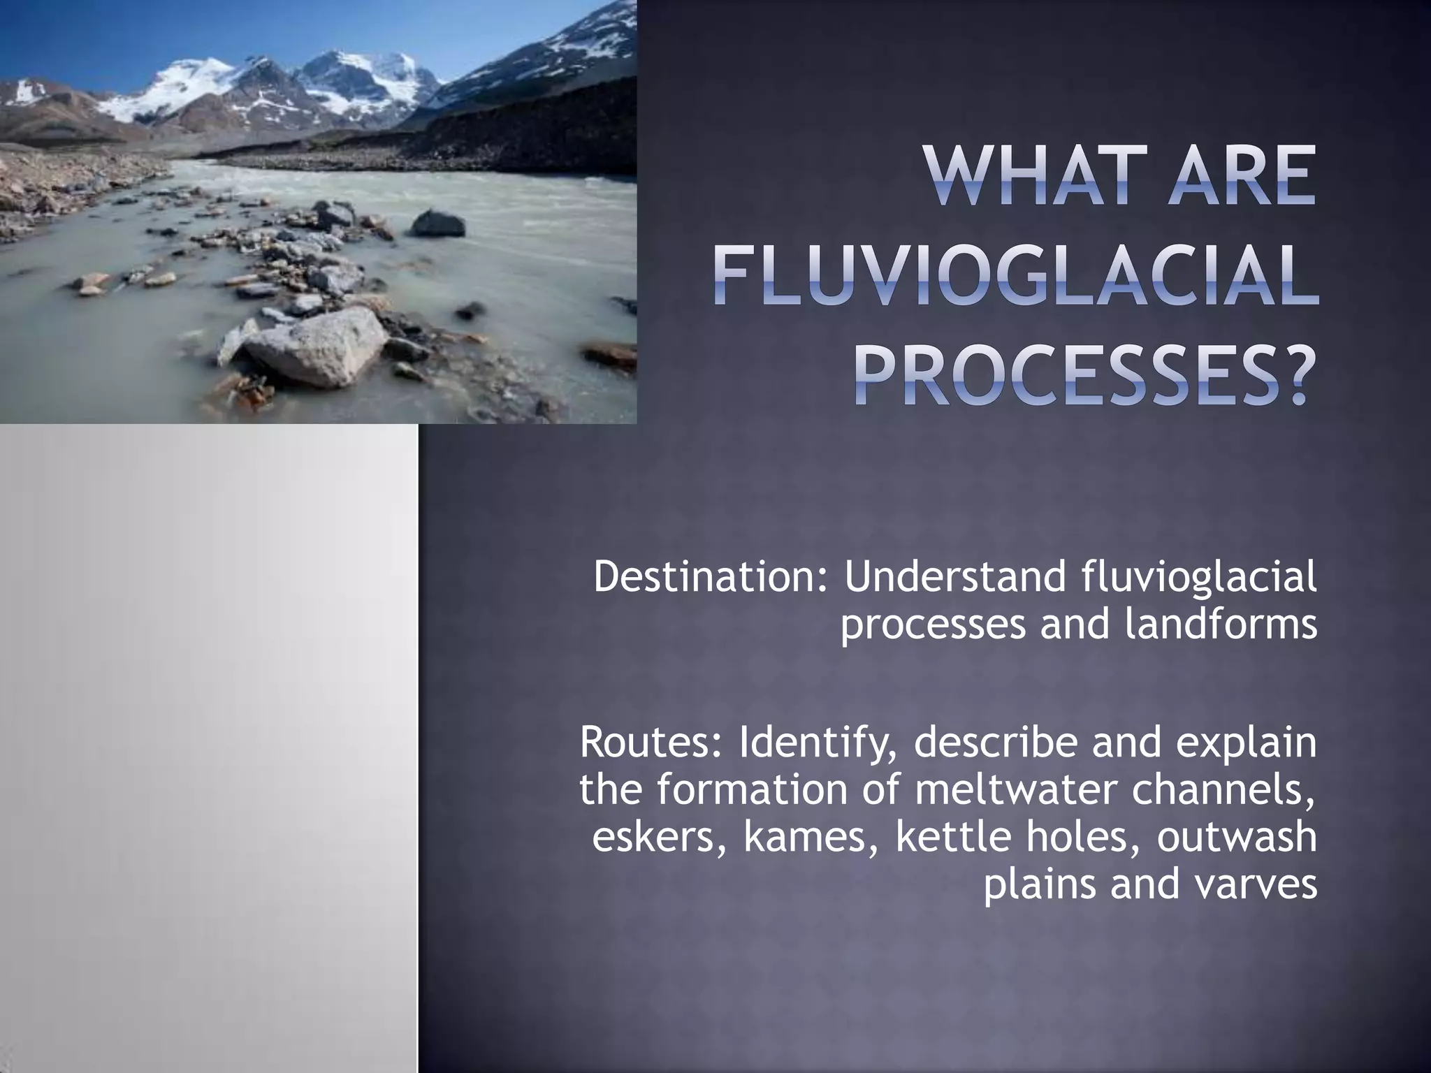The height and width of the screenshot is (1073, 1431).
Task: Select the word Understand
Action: coord(954,577)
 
